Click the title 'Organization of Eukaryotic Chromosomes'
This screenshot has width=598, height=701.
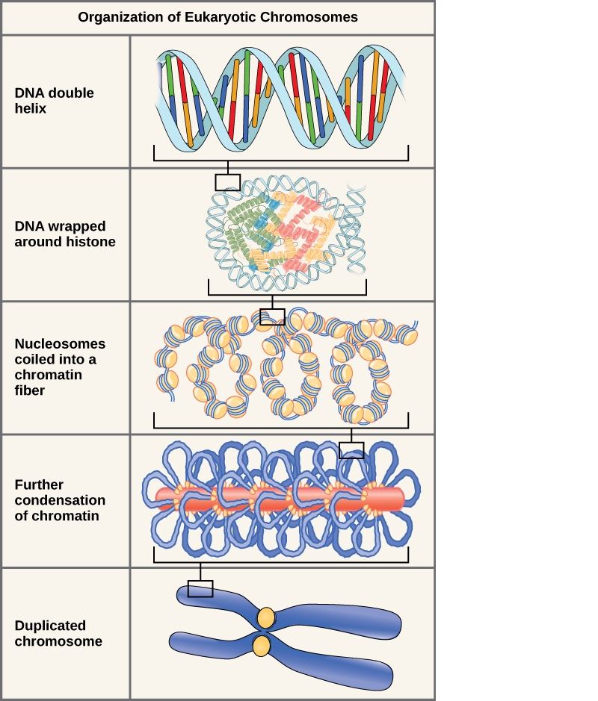[x=218, y=17]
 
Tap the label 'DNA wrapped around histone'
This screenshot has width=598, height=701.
[x=64, y=234]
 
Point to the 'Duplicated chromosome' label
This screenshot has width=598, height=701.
[x=58, y=633]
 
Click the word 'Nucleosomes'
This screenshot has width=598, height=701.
[x=60, y=344]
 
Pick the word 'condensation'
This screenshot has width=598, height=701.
[x=60, y=500]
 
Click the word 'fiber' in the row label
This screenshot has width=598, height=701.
[x=30, y=390]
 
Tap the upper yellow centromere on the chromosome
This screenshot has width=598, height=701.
[x=266, y=617]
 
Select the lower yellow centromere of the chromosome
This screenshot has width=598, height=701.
[x=261, y=646]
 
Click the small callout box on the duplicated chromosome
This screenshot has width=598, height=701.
[x=200, y=589]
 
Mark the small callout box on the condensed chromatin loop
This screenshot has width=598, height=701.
[x=351, y=449]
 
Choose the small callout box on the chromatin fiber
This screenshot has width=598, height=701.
[x=272, y=317]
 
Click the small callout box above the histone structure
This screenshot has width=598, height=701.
[x=227, y=182]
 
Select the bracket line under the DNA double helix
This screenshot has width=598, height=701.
[x=281, y=160]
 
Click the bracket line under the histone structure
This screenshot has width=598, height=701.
[x=287, y=294]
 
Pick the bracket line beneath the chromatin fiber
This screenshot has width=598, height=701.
[x=281, y=428]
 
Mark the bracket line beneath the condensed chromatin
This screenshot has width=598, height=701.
[x=281, y=561]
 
